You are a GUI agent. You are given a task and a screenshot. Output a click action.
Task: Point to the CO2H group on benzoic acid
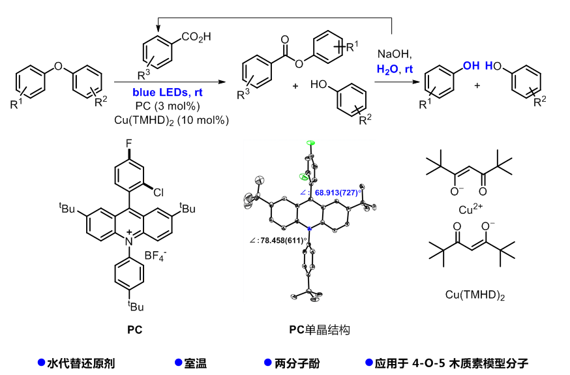tap(196, 37)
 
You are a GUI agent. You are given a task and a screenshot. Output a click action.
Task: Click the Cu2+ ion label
tap(471, 211)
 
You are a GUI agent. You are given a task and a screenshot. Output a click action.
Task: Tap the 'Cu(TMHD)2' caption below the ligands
tap(472, 296)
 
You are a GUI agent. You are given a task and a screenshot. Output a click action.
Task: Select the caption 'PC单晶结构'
tap(320, 330)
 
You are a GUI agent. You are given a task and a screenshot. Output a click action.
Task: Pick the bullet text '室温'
tap(200, 363)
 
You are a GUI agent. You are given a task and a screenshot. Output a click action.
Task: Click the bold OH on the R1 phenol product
tap(471, 65)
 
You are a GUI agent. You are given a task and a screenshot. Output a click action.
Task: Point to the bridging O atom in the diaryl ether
tap(59, 65)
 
